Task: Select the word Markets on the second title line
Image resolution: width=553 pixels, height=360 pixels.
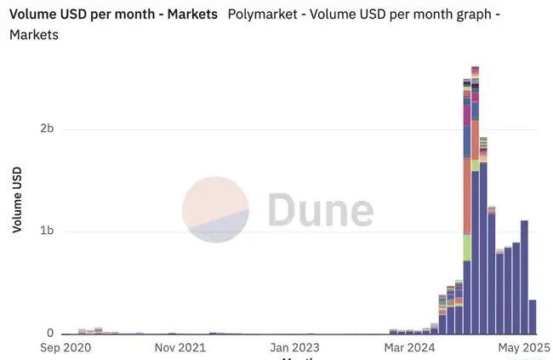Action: pyautogui.click(x=34, y=35)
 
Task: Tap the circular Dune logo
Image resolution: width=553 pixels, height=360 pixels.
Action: pyautogui.click(x=215, y=209)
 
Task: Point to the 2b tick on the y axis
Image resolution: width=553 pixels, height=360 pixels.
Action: pyautogui.click(x=48, y=129)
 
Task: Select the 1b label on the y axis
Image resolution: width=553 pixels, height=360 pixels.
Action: pyautogui.click(x=48, y=231)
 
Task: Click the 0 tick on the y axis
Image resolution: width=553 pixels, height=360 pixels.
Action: pyautogui.click(x=50, y=334)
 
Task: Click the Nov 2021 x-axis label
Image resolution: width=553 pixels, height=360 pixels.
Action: pyautogui.click(x=180, y=348)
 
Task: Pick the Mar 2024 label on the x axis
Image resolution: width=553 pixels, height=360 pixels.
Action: pyautogui.click(x=409, y=348)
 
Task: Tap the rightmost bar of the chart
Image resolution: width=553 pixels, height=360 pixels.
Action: pyautogui.click(x=533, y=317)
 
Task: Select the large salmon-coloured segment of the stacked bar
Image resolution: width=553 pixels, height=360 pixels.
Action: pyautogui.click(x=467, y=196)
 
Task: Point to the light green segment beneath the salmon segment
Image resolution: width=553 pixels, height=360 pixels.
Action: pyautogui.click(x=467, y=248)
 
